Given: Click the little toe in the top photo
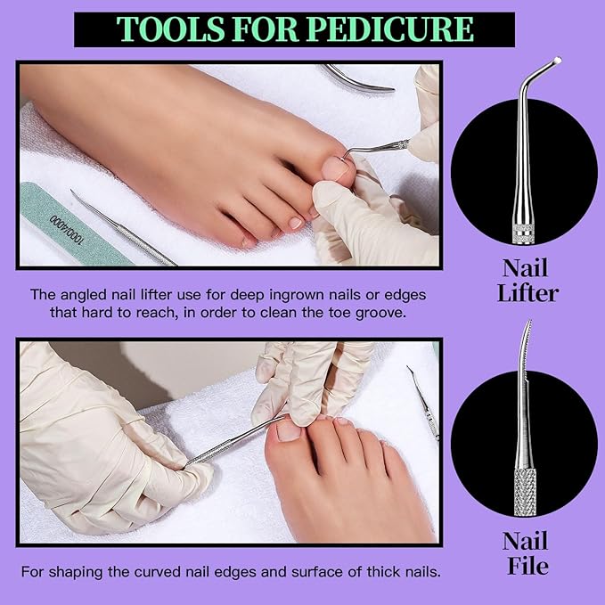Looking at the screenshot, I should coord(249,240).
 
